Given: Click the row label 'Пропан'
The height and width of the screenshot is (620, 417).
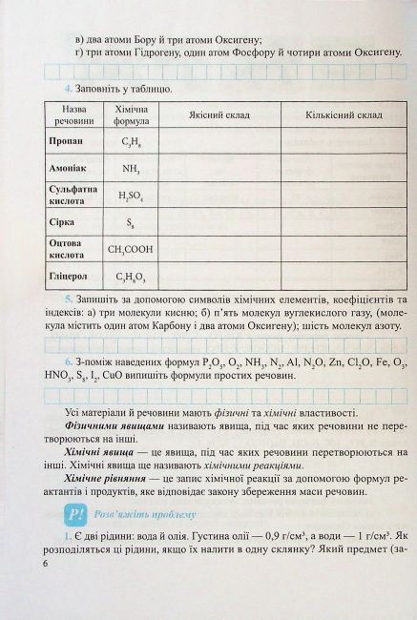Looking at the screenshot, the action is tap(64, 142).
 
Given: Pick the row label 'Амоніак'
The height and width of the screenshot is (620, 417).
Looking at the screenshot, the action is tap(67, 168).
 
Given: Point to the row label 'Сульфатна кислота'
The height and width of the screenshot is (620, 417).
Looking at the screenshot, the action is tap(73, 196).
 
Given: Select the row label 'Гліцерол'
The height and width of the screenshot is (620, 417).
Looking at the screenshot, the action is tap(68, 278).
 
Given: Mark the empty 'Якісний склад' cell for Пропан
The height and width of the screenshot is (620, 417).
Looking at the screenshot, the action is tap(219, 142).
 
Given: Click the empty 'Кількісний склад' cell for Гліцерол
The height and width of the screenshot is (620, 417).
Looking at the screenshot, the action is tap(339, 278).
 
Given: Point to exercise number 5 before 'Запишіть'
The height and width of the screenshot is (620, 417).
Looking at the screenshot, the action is tap(56, 299).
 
